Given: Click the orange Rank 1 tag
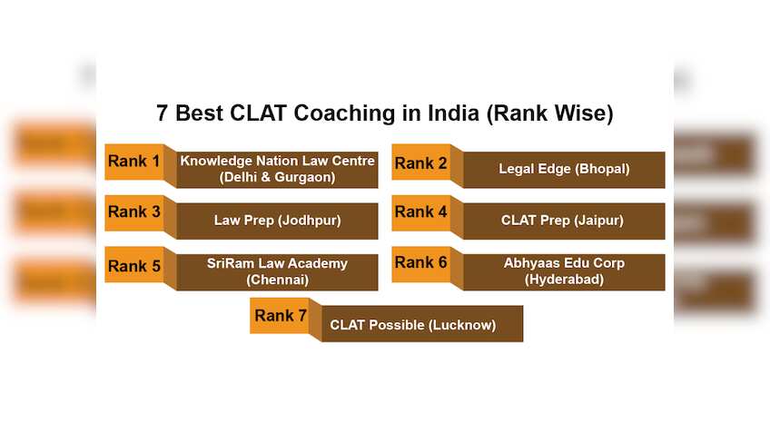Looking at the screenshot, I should (134, 162).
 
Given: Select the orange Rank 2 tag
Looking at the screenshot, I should (421, 163).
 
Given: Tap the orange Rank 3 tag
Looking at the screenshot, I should (134, 212).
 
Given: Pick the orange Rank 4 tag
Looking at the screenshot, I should (421, 212).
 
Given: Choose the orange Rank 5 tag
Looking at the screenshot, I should (134, 265).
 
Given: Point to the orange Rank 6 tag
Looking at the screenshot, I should (421, 263).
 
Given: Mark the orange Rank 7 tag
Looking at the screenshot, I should (281, 316).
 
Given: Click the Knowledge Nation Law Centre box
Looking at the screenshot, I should (277, 170).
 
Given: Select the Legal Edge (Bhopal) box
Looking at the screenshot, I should (564, 170).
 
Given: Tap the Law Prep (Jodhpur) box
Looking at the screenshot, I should (277, 221).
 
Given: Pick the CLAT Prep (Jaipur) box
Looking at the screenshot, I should (564, 221).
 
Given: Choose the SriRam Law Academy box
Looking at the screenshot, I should (277, 272).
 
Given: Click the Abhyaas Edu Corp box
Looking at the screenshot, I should (564, 272).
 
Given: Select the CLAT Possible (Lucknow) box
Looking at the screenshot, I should (414, 325).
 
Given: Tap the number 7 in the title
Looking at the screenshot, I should (163, 114).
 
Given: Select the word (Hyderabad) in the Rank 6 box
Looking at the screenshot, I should (564, 280).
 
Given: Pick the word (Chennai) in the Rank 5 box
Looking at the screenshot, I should (277, 280).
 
